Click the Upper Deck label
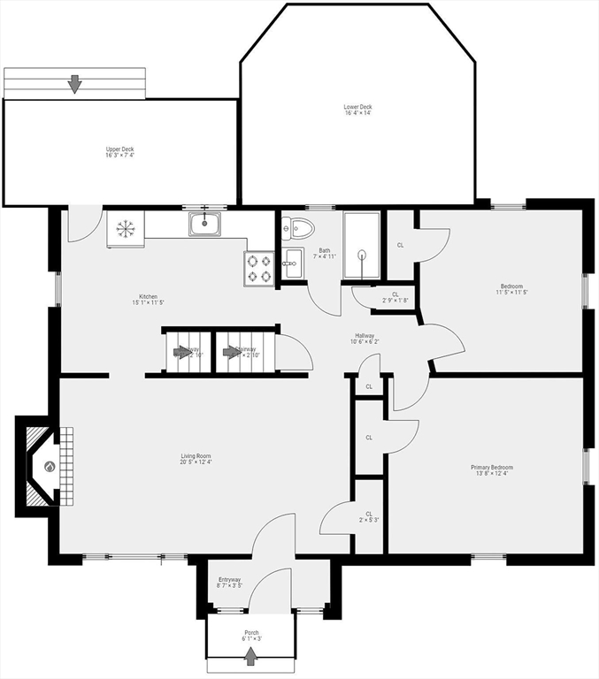[119, 149]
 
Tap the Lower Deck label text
[357, 107]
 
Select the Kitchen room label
[148, 296]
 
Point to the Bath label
[325, 251]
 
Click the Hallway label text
[365, 336]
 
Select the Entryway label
[229, 580]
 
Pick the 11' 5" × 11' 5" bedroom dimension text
[511, 292]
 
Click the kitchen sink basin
[205, 224]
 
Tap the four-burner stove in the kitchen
[259, 269]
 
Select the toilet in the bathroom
[298, 228]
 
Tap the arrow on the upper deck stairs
[74, 84]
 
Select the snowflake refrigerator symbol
[125, 230]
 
